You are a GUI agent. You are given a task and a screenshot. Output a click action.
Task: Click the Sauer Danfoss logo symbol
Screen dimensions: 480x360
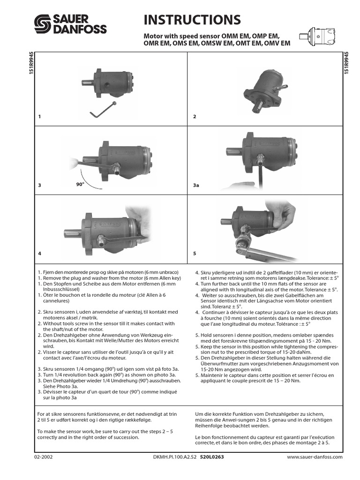[x=43, y=23]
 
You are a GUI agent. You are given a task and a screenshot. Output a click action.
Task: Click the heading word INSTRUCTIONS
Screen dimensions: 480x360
[x=192, y=20]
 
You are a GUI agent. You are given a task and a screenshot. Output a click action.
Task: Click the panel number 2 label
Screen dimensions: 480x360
[x=195, y=117]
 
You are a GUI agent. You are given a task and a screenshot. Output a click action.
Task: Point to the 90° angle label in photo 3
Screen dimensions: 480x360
[x=80, y=184]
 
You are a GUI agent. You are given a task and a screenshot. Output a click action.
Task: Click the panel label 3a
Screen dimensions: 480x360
[x=196, y=186]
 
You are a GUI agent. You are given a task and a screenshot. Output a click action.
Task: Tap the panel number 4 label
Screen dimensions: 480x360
[x=40, y=253]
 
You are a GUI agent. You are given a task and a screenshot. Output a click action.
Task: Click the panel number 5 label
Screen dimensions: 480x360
[x=195, y=253]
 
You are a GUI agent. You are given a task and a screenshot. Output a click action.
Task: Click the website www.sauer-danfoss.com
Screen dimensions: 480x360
[x=315, y=457]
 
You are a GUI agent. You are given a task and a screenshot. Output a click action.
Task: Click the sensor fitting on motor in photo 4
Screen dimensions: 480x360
[x=100, y=243]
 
